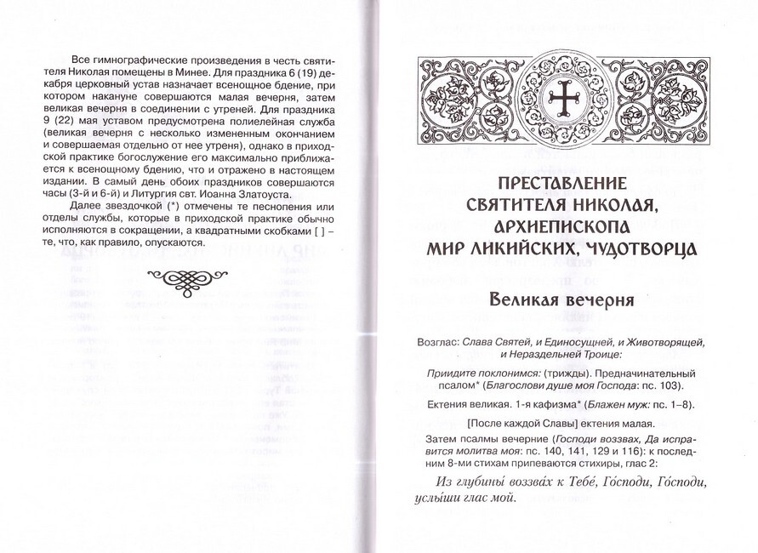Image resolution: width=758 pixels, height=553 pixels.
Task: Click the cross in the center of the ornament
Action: [x=562, y=100]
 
